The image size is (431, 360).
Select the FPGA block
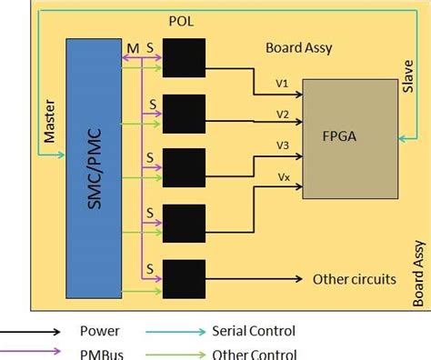coord(348,137)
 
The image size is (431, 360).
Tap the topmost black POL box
coord(185,58)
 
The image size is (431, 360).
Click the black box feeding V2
coord(185,112)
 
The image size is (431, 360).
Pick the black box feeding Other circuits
coord(185,278)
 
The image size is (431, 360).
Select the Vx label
coord(283,178)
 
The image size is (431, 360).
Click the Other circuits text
coord(355,279)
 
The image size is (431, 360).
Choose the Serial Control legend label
coord(254,332)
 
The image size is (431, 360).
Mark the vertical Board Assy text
coord(417,267)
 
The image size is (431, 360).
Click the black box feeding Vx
coord(185,223)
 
